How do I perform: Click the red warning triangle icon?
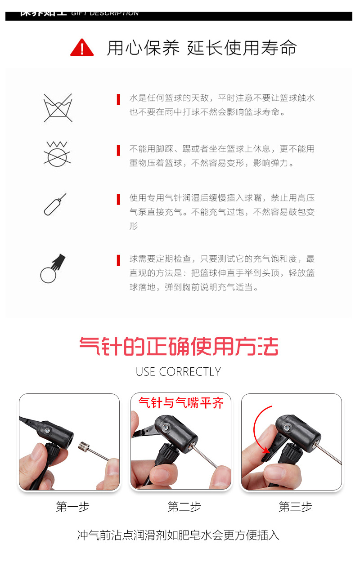tap(82, 48)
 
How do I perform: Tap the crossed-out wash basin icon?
tap(58, 108)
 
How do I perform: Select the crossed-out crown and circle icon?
tap(57, 153)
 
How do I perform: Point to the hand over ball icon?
tap(53, 268)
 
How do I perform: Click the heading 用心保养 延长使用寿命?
tap(202, 48)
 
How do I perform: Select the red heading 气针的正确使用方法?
tap(179, 347)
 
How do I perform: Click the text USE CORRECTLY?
tap(179, 372)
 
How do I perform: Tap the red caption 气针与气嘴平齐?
tap(181, 402)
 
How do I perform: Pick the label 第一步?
tap(72, 507)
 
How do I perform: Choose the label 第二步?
tap(184, 507)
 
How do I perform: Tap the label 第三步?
tap(295, 507)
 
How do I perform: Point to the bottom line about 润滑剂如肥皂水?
tap(179, 535)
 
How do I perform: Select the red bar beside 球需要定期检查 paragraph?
tap(118, 260)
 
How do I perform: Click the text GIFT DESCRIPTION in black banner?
tap(105, 13)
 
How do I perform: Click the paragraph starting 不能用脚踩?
tap(222, 156)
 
